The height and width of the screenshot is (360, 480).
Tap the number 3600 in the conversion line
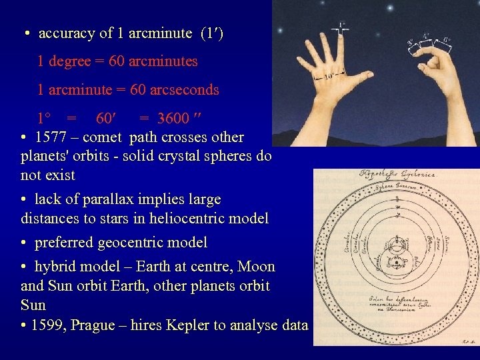coord(173,119)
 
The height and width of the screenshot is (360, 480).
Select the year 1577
coord(51,138)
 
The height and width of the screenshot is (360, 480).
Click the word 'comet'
coord(102,138)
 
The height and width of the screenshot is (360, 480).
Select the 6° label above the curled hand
coord(446,39)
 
